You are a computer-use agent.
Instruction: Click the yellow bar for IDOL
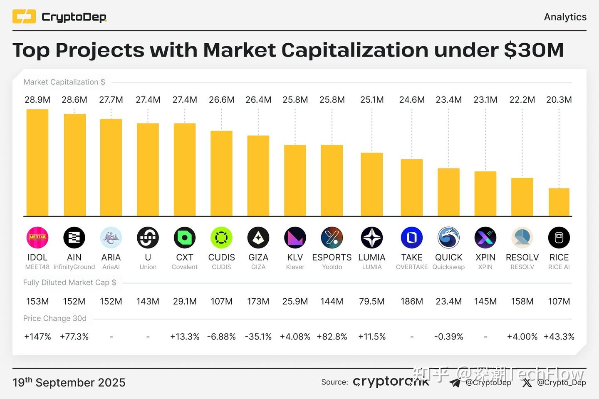coord(37,163)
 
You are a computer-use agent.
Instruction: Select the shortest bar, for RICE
coord(559,202)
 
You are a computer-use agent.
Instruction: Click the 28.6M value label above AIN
coord(74,100)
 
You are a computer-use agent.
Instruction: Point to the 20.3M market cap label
coord(559,100)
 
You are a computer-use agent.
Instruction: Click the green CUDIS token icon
coord(221,238)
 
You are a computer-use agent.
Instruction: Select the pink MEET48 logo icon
coord(37,238)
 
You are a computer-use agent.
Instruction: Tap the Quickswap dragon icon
coord(448,238)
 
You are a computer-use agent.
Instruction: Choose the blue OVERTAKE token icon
coord(411,238)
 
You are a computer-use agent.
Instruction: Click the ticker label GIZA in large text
coord(258,258)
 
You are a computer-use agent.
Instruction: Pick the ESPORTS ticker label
coord(332,258)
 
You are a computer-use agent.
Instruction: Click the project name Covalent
coord(184,267)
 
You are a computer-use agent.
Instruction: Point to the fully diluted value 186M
coord(411,301)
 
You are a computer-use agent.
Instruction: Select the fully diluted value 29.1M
coord(185,301)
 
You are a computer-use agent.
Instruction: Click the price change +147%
coord(37,337)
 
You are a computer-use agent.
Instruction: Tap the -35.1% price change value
coord(258,337)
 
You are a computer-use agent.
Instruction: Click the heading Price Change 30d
coord(55,318)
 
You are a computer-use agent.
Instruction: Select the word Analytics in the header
coord(565,17)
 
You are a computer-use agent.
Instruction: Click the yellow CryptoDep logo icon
coord(24,17)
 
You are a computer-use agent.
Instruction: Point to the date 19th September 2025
coord(69,382)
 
